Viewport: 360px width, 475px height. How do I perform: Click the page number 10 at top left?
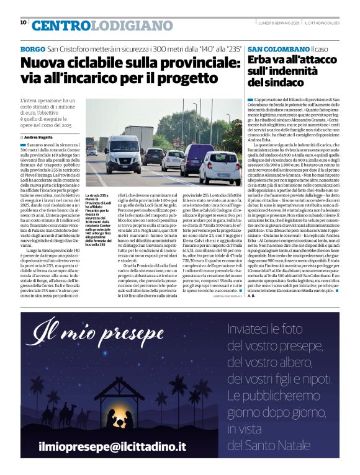point(23,22)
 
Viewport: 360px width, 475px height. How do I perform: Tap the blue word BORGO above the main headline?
point(32,48)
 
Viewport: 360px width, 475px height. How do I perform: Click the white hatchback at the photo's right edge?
point(221,168)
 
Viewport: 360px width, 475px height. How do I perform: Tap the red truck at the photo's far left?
point(89,144)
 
